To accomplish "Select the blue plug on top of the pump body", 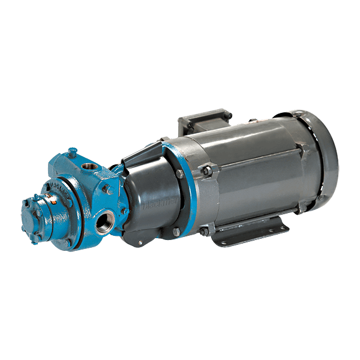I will [73, 153].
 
